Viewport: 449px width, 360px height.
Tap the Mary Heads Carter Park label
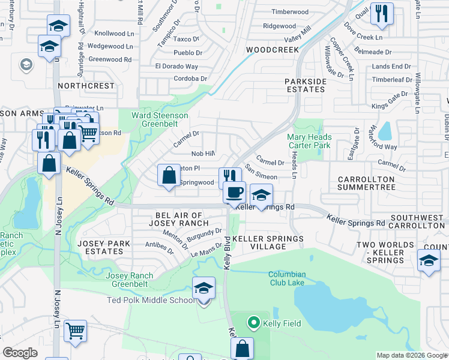tap(309, 141)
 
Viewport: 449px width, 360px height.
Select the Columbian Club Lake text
tap(287, 279)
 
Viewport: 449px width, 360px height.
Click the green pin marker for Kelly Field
tap(253, 323)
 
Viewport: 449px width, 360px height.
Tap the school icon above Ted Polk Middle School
tap(203, 289)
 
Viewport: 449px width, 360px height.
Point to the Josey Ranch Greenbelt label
tap(130, 280)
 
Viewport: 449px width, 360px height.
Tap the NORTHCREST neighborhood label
tap(86, 86)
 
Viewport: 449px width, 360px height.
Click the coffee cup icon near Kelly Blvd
tap(234, 192)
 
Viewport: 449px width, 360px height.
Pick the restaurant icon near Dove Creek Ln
tap(382, 14)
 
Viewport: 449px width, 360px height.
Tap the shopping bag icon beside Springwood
tap(169, 175)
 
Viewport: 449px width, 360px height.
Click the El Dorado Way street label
tap(176, 66)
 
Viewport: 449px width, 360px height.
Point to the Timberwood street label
tap(289, 12)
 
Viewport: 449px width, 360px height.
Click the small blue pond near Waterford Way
tap(384, 131)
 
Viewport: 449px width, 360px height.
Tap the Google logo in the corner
tap(20, 353)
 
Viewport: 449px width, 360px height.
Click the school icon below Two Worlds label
tap(429, 260)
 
